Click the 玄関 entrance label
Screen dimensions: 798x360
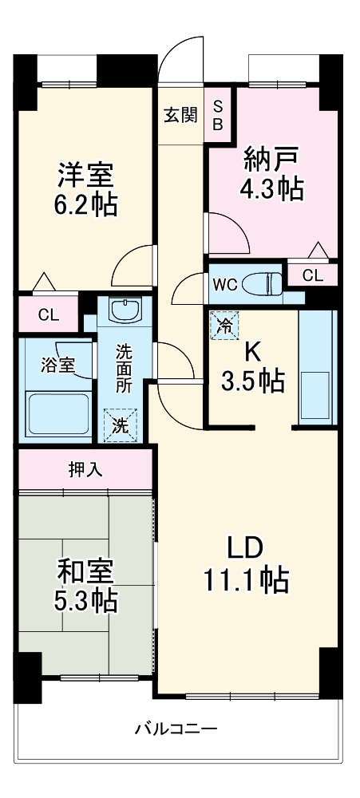(180, 116)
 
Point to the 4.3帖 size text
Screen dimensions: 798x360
(271, 190)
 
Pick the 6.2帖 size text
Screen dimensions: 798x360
(85, 205)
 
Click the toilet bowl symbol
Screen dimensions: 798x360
(263, 283)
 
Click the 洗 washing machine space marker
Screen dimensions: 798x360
(119, 425)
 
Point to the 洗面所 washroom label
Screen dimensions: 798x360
(123, 367)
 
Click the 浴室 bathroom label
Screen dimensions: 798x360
(57, 365)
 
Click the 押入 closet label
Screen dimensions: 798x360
(85, 470)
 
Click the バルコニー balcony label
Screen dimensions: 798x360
(176, 729)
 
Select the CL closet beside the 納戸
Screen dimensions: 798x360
(313, 275)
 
